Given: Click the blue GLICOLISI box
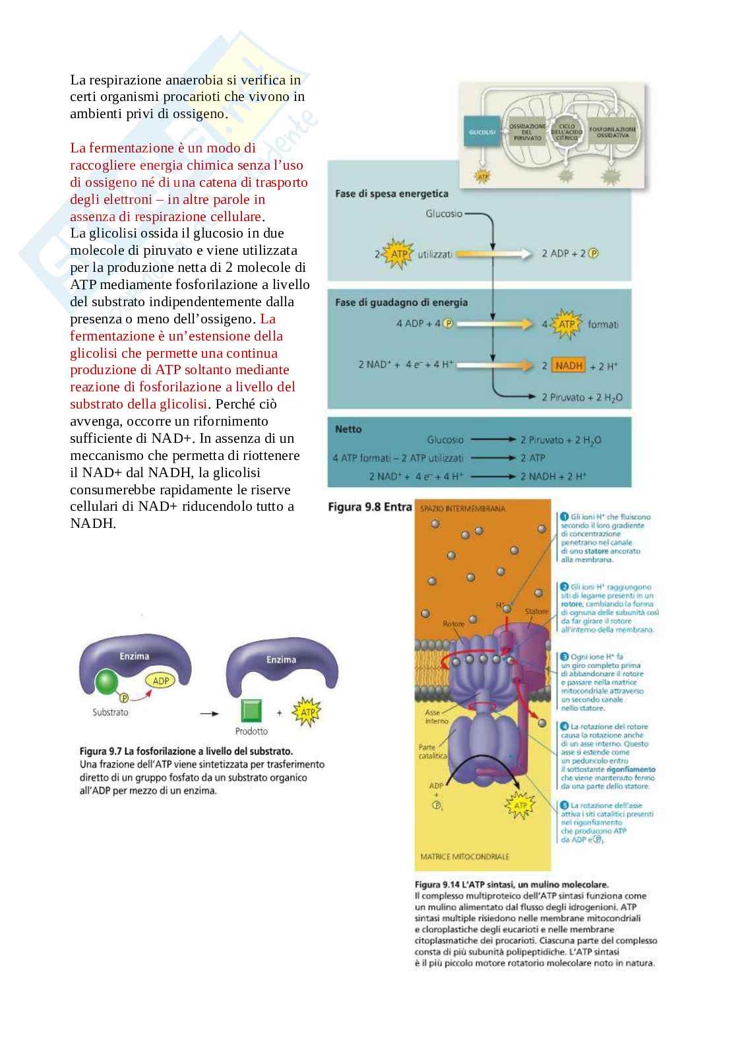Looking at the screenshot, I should click(482, 132).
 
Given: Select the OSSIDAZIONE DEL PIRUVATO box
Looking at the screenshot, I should click(527, 132).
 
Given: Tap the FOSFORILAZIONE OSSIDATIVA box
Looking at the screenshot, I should click(613, 132).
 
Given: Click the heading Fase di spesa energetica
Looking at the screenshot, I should click(391, 193).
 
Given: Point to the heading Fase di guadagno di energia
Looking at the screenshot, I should click(401, 302).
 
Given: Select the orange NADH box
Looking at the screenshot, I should click(569, 366).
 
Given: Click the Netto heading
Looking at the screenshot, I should click(348, 429).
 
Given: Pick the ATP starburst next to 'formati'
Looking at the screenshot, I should click(567, 324).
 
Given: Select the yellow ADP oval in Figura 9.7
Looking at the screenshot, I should click(160, 681).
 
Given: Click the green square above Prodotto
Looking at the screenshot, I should click(251, 711).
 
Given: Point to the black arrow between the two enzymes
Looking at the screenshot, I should click(209, 713).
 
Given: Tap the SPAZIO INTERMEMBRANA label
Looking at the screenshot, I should click(462, 509).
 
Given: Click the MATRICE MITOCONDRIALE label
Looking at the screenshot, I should click(464, 857).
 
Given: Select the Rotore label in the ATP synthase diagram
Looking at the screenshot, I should click(453, 624).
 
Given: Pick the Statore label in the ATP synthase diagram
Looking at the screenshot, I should click(536, 612).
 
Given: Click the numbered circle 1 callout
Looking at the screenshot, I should click(565, 517).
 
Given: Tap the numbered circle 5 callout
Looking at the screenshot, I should click(565, 805).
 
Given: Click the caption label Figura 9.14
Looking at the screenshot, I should click(437, 884).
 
